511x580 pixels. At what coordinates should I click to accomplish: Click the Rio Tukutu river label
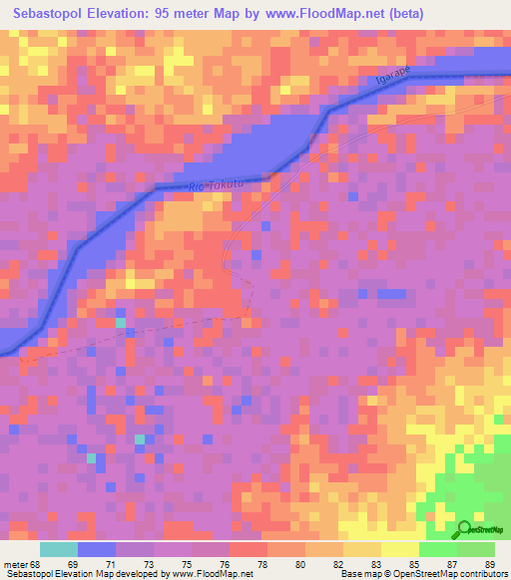click(x=215, y=183)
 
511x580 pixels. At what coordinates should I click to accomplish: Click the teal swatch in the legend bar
click(x=59, y=548)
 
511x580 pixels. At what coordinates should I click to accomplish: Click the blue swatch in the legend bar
click(x=97, y=548)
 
